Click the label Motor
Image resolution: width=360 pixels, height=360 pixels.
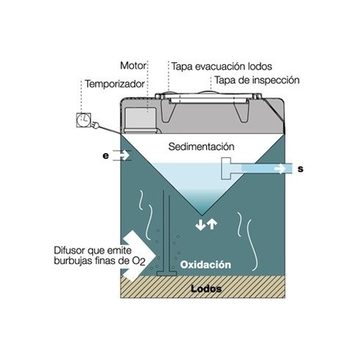[133, 66]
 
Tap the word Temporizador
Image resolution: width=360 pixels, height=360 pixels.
[115, 84]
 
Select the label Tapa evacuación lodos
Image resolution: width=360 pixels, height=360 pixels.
[222, 67]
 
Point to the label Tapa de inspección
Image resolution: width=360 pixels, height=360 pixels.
[257, 80]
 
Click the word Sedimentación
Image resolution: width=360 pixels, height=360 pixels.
[201, 146]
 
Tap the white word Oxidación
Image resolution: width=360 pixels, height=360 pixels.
[206, 265]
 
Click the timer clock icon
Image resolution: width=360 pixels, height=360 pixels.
[83, 120]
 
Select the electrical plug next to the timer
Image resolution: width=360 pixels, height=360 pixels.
[95, 125]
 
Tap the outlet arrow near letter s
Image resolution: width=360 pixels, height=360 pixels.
[280, 168]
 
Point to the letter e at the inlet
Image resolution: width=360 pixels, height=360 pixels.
[105, 156]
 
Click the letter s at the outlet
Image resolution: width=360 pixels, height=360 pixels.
[301, 169]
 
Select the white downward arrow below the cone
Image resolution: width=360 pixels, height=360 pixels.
[200, 225]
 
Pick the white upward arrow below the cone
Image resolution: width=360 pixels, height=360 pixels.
[212, 224]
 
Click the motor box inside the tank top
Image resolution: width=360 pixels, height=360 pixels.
[140, 119]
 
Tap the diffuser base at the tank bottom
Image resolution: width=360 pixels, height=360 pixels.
[166, 273]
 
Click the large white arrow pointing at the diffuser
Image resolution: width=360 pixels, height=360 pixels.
[138, 255]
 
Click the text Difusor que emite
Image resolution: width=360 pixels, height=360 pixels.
[93, 250]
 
